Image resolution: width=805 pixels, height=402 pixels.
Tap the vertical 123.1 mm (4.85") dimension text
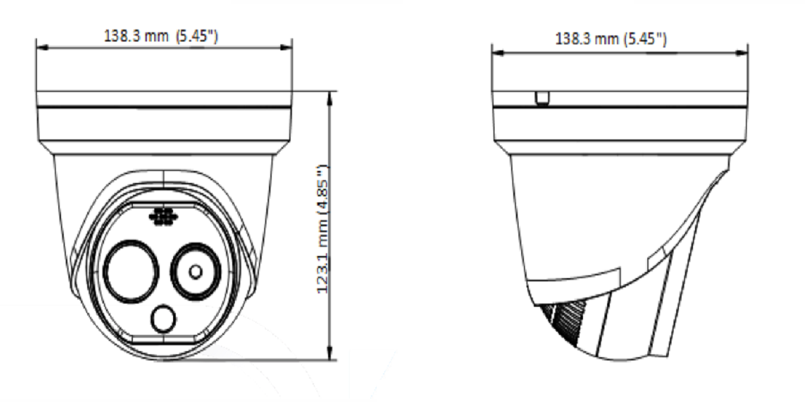coord(323,229)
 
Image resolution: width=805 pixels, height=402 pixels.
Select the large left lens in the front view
coord(131,271)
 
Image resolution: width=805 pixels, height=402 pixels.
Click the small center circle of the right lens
coord(195,272)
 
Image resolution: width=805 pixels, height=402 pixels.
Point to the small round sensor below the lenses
coord(164,318)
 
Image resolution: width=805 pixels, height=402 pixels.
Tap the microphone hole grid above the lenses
coord(164,217)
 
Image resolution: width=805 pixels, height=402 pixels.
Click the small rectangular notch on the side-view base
coord(542,98)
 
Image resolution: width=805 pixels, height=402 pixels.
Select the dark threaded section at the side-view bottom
coord(566,323)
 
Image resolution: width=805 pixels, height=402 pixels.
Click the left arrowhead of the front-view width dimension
coord(42,48)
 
